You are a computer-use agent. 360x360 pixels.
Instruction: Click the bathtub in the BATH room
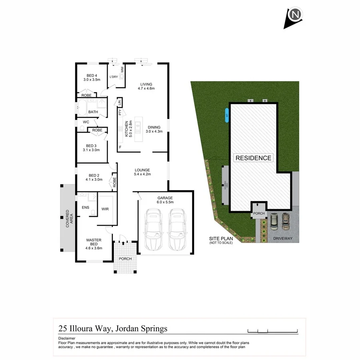click(82, 108)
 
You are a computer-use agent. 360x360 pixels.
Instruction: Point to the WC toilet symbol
click(82, 128)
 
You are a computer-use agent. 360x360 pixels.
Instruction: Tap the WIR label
click(105, 209)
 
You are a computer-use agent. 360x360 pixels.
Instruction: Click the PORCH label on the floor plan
click(126, 259)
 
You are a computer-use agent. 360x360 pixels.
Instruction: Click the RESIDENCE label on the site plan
click(253, 158)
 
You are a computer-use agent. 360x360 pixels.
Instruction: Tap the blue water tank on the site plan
click(226, 116)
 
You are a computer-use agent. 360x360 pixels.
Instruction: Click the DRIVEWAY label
click(283, 238)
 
